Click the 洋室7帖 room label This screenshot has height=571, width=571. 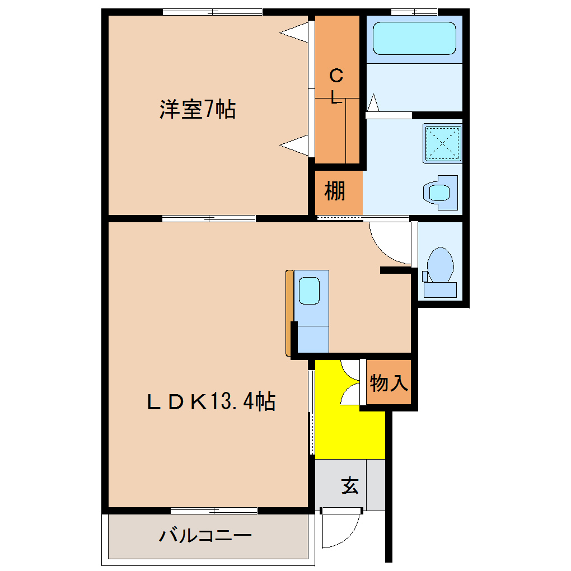point(198,109)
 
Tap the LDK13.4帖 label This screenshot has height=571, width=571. point(211,401)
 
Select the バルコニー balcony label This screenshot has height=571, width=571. point(205,535)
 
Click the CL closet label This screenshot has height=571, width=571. point(336,86)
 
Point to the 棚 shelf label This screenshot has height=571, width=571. point(334,191)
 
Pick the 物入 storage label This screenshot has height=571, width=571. point(389,383)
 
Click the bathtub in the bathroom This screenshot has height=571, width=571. point(414,38)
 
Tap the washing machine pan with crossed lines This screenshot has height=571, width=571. point(442,143)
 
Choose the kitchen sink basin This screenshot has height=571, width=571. point(309,291)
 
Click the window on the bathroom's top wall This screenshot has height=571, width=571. point(414,12)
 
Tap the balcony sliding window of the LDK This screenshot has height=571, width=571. point(214,511)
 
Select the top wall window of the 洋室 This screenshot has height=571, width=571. point(212,12)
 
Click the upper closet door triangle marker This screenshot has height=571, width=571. point(294,32)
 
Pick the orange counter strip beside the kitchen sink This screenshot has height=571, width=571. point(289,313)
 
